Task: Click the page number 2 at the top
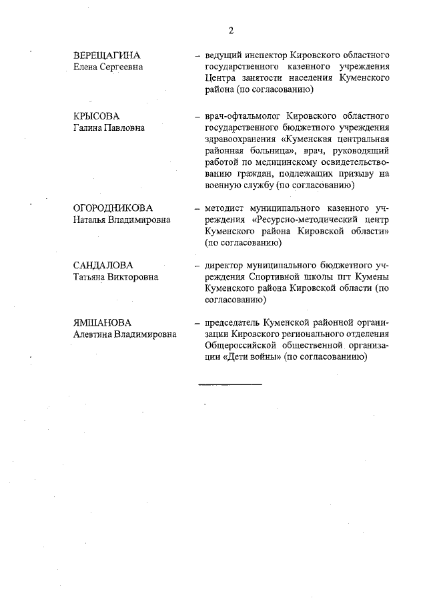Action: [x=230, y=29]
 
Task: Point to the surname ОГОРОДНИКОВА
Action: [x=113, y=207]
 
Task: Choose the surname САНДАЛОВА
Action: [x=103, y=266]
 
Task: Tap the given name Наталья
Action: [x=92, y=219]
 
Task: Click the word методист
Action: [x=227, y=207]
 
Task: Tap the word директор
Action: [x=228, y=266]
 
